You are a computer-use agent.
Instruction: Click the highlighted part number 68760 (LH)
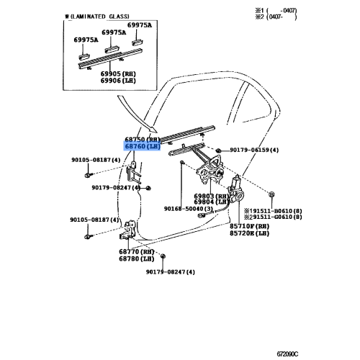[145, 147]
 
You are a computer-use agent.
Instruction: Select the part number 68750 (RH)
[145, 139]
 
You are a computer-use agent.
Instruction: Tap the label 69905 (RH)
[120, 73]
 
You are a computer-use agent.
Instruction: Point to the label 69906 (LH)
[120, 81]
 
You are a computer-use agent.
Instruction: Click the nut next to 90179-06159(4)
[218, 148]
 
